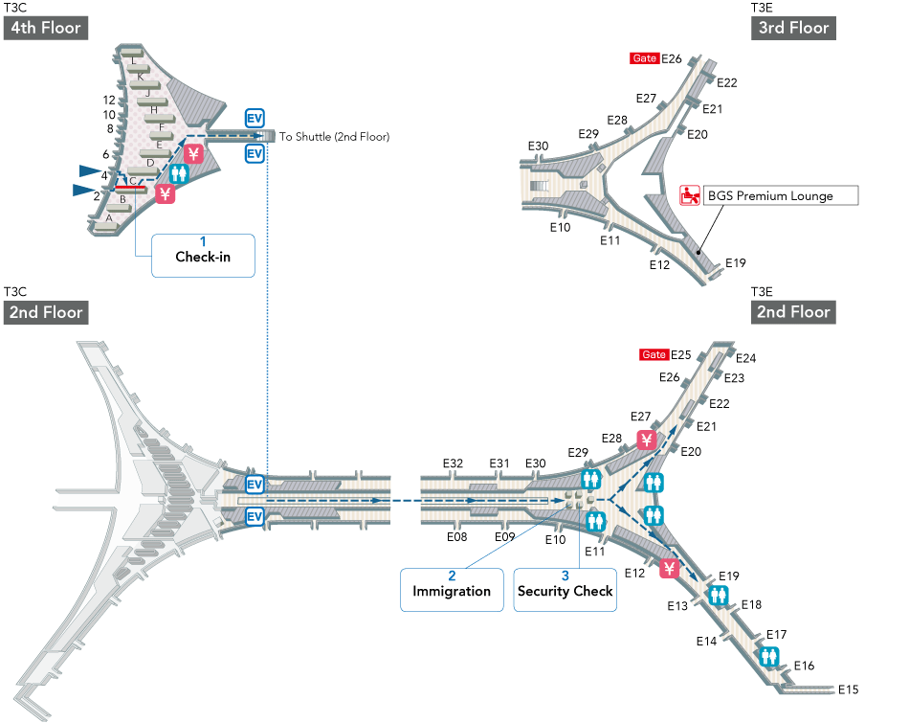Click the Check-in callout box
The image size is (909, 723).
(203, 256)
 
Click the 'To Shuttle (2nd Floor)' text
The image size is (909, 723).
(335, 137)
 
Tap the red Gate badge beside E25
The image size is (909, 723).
(654, 355)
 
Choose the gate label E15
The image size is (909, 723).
(849, 689)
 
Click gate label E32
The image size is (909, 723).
(454, 463)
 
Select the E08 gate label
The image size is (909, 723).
(457, 537)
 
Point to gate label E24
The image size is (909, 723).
(746, 359)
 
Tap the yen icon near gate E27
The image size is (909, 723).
(647, 441)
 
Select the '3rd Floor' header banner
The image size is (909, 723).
(794, 27)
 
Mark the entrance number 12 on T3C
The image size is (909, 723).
(109, 100)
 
